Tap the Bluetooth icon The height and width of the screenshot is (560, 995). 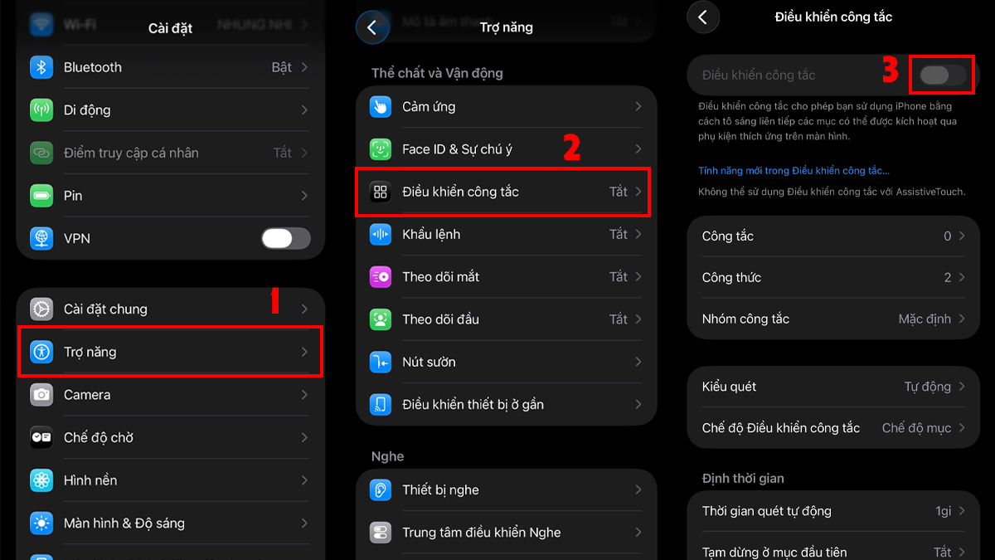click(x=41, y=67)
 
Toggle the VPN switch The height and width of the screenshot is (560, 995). click(x=285, y=238)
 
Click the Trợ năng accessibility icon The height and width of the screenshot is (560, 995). click(x=41, y=352)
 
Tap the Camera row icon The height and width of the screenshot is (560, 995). click(x=41, y=395)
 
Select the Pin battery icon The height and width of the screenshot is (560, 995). click(x=41, y=196)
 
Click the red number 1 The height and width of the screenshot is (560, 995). click(x=274, y=302)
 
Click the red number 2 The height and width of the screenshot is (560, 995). click(x=571, y=148)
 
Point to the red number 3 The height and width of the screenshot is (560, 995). click(x=890, y=71)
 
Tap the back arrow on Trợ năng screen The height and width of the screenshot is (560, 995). click(x=371, y=27)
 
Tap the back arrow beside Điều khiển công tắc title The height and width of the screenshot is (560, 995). click(x=703, y=17)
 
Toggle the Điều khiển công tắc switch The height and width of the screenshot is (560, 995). click(x=943, y=75)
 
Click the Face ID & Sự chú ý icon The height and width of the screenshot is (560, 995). click(x=381, y=149)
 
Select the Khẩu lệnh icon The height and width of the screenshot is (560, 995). click(x=381, y=235)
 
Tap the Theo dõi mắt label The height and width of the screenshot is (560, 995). click(x=440, y=277)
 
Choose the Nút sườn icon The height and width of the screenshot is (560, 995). click(x=381, y=362)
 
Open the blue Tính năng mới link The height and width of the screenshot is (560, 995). click(x=794, y=171)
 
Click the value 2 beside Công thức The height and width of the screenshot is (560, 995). click(x=947, y=278)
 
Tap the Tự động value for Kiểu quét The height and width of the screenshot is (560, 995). click(x=927, y=387)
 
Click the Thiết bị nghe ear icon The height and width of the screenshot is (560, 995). click(x=381, y=490)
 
